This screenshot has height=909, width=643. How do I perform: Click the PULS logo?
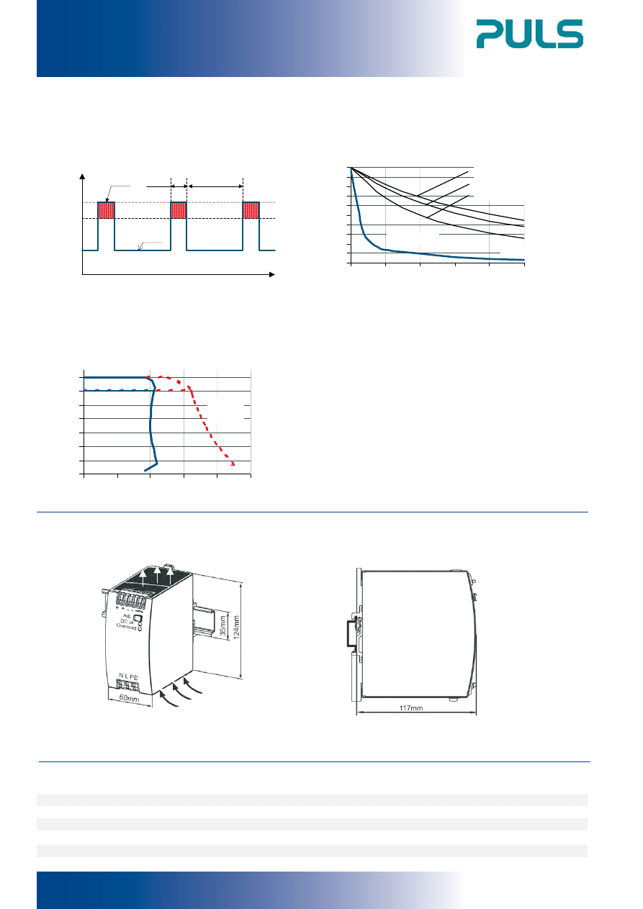(529, 34)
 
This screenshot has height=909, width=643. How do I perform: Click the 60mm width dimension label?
(129, 697)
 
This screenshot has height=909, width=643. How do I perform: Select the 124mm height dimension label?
(236, 628)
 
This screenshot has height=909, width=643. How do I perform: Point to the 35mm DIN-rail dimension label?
(223, 625)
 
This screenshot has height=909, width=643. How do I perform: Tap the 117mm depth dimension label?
(411, 708)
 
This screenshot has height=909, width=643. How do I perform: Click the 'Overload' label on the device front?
(127, 627)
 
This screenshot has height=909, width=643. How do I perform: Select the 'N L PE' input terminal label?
(128, 677)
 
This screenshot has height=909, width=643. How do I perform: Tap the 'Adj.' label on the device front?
(127, 615)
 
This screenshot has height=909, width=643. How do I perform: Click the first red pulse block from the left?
(107, 210)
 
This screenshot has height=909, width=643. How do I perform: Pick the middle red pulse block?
(179, 210)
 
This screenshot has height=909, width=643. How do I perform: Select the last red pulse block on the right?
(251, 210)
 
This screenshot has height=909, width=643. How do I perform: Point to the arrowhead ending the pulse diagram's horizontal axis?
(273, 275)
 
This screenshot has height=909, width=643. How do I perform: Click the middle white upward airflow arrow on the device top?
(157, 576)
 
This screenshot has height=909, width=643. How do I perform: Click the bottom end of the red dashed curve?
(233, 465)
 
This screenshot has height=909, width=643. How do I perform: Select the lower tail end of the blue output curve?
(145, 470)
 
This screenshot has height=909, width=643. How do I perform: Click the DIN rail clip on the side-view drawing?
(353, 633)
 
